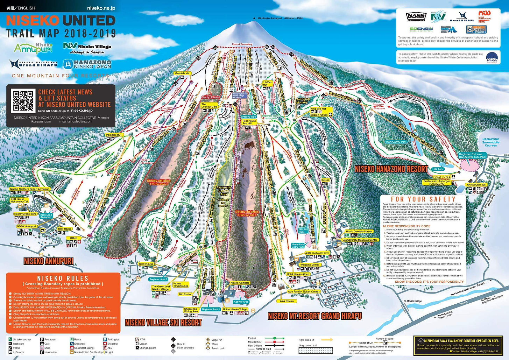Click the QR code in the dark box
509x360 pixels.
[23, 100]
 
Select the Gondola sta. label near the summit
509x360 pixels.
[182, 73]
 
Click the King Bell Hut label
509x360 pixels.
[318, 109]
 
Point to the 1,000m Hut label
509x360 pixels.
[267, 84]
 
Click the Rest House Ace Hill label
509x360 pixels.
[249, 122]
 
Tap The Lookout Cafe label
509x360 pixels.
[209, 105]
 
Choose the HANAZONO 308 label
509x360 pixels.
[476, 184]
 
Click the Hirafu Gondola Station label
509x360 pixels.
[359, 231]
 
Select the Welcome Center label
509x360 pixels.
[310, 265]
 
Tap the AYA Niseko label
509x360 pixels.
[287, 301]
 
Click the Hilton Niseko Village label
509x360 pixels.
[235, 309]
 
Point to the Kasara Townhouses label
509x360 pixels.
[181, 284]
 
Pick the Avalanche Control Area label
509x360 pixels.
[224, 191]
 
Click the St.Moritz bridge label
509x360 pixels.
[412, 301]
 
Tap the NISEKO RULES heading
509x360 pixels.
[63, 278]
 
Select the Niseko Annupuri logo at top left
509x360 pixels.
[33, 48]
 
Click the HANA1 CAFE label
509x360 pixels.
[442, 177]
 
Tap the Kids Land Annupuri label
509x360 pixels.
[46, 216]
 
